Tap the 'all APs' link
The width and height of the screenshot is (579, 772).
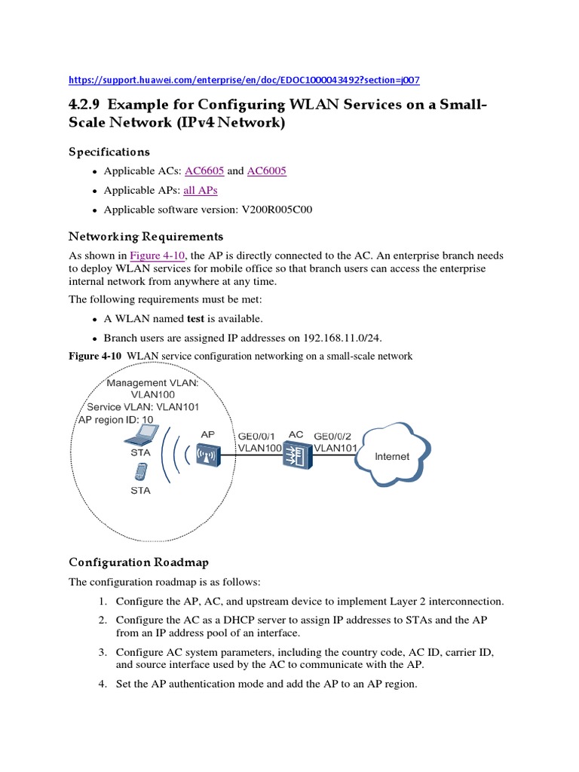click(200, 190)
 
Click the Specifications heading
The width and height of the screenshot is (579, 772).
click(109, 152)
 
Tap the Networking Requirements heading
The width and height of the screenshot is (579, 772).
click(146, 237)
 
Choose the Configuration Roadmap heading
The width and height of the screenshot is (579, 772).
click(139, 562)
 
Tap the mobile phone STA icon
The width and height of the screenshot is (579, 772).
click(139, 472)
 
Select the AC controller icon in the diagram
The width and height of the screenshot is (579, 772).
click(296, 455)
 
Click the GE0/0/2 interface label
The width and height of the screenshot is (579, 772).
click(335, 435)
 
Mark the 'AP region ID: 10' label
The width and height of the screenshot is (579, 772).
click(115, 419)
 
